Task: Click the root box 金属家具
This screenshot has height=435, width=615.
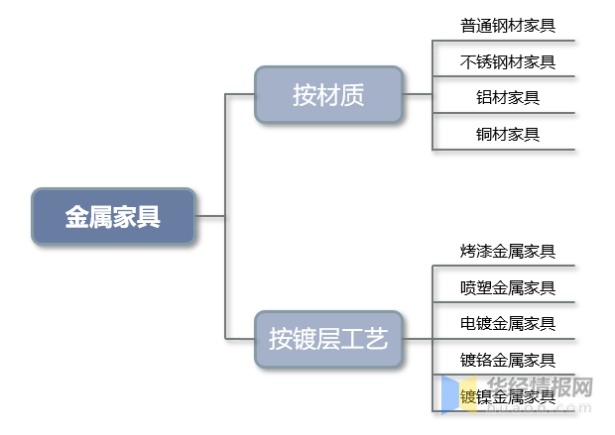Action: (113, 216)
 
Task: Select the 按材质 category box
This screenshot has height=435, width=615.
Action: (328, 94)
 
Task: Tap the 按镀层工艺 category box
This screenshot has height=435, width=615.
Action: (328, 340)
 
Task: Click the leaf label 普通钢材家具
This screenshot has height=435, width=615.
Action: (508, 26)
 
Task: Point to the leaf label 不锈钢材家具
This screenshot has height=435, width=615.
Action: (508, 61)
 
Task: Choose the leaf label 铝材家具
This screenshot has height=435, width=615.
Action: (508, 97)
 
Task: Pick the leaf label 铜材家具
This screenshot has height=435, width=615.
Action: (508, 133)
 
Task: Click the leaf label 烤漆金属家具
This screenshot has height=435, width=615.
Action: (508, 252)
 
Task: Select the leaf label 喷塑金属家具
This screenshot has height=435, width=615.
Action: (508, 287)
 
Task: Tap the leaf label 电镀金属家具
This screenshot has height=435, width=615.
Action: (508, 323)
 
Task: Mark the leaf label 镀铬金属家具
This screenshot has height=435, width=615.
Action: (508, 359)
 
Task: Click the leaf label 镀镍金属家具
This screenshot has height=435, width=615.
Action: (508, 396)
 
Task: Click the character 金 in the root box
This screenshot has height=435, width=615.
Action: (77, 217)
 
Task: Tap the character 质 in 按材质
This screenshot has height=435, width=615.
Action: (352, 94)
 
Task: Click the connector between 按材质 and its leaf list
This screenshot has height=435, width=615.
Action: (418, 94)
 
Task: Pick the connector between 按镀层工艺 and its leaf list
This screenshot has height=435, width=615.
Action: (418, 340)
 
